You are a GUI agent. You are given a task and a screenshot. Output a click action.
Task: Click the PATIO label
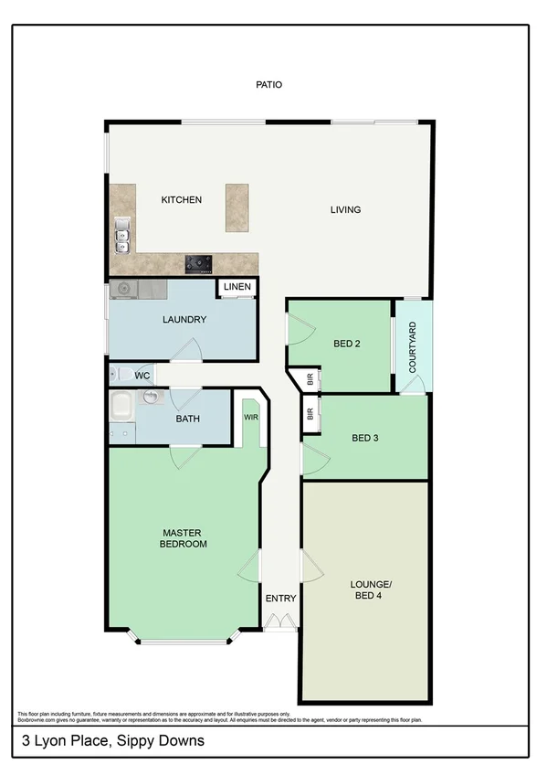tap(269, 85)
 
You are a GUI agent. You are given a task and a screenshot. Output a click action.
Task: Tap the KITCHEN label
tap(181, 200)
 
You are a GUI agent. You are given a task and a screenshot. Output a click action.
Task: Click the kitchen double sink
tap(121, 237)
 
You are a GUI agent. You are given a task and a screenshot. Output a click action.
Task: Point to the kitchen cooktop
tap(199, 264)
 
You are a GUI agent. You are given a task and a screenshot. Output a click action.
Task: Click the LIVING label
tap(345, 210)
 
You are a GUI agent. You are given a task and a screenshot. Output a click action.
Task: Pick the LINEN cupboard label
tap(237, 288)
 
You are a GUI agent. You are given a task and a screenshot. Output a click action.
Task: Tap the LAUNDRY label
tap(184, 320)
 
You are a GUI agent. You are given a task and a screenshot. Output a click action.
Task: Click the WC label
tap(142, 376)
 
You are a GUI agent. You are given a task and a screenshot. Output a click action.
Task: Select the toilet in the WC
tap(116, 375)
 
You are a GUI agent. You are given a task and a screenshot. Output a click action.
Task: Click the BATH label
tap(188, 420)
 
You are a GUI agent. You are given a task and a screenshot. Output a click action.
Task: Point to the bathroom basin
tap(152, 397)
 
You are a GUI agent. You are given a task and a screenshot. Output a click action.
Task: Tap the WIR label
tap(250, 417)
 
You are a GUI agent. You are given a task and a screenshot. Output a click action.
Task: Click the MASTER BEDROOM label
tap(184, 538)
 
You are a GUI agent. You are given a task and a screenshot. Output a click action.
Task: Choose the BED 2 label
tap(346, 345)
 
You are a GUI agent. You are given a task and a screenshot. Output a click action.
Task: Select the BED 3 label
tap(365, 438)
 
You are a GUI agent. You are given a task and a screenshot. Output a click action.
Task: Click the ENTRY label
tap(280, 599)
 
